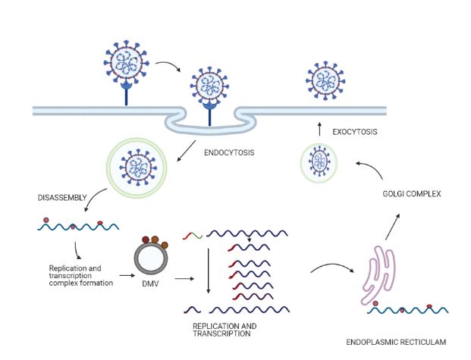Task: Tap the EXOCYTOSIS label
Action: pyautogui.click(x=355, y=133)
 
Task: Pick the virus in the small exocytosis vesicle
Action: pyautogui.click(x=319, y=164)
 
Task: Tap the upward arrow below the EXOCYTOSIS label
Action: pyautogui.click(x=319, y=130)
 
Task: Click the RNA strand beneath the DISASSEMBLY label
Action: pyautogui.click(x=71, y=227)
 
